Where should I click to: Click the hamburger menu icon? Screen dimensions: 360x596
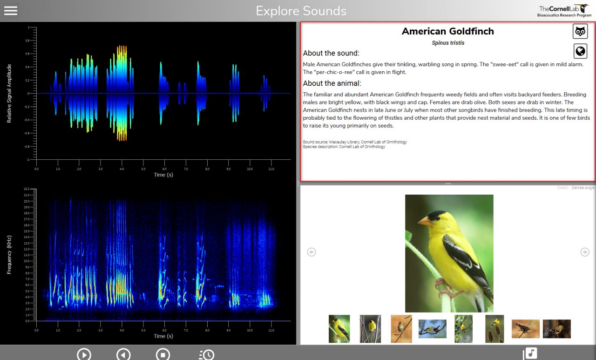pos(11,11)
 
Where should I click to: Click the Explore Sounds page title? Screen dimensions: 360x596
pos(301,11)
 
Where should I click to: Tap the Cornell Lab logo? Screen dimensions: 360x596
pos(565,11)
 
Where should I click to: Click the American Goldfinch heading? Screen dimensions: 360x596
pos(447,31)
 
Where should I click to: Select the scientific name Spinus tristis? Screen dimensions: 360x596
pos(447,43)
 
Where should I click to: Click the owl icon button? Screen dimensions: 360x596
pos(580,32)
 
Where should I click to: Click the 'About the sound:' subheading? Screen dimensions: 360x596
pos(331,53)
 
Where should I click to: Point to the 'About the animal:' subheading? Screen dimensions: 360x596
pos(332,83)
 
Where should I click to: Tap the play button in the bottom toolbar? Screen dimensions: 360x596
pos(84,354)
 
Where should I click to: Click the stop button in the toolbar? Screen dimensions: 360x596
pos(163,354)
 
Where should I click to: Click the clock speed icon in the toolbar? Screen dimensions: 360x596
pos(206,354)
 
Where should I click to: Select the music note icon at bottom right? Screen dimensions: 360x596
pos(531,353)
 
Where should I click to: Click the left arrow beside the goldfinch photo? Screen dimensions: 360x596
pos(312,252)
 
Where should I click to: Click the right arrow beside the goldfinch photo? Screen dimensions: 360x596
pos(585,252)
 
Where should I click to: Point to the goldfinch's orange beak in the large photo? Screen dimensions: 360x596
pos(424,221)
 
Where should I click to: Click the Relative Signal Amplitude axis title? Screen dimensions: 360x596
pos(9,94)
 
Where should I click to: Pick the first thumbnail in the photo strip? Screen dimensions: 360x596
pos(339,329)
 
